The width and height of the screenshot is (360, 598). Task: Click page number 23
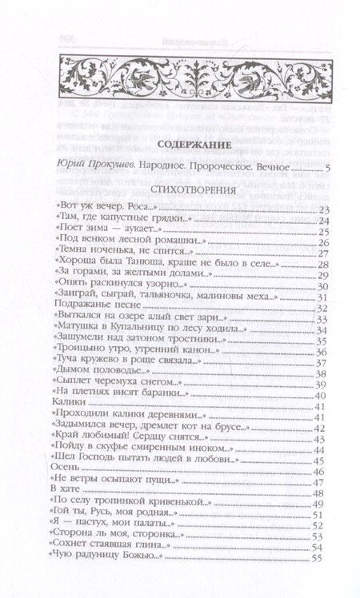324,209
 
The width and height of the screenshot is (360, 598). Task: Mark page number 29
324,276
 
